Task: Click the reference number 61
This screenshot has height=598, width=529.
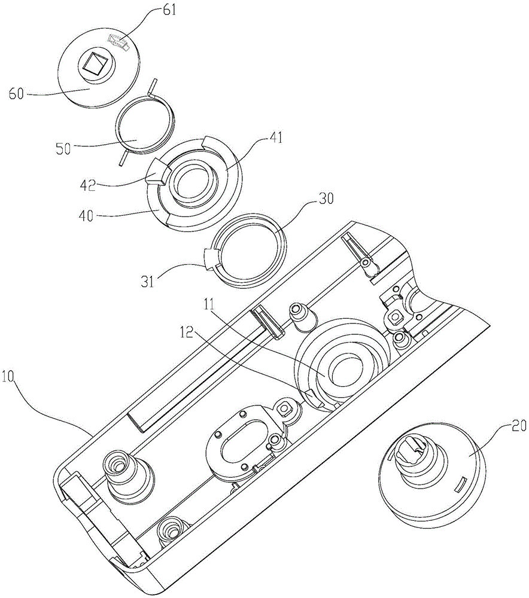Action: pyautogui.click(x=169, y=10)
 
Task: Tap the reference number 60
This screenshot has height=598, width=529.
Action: pyautogui.click(x=16, y=93)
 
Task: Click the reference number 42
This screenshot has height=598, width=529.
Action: pyautogui.click(x=87, y=186)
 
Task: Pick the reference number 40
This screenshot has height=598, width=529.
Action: pyautogui.click(x=86, y=216)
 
